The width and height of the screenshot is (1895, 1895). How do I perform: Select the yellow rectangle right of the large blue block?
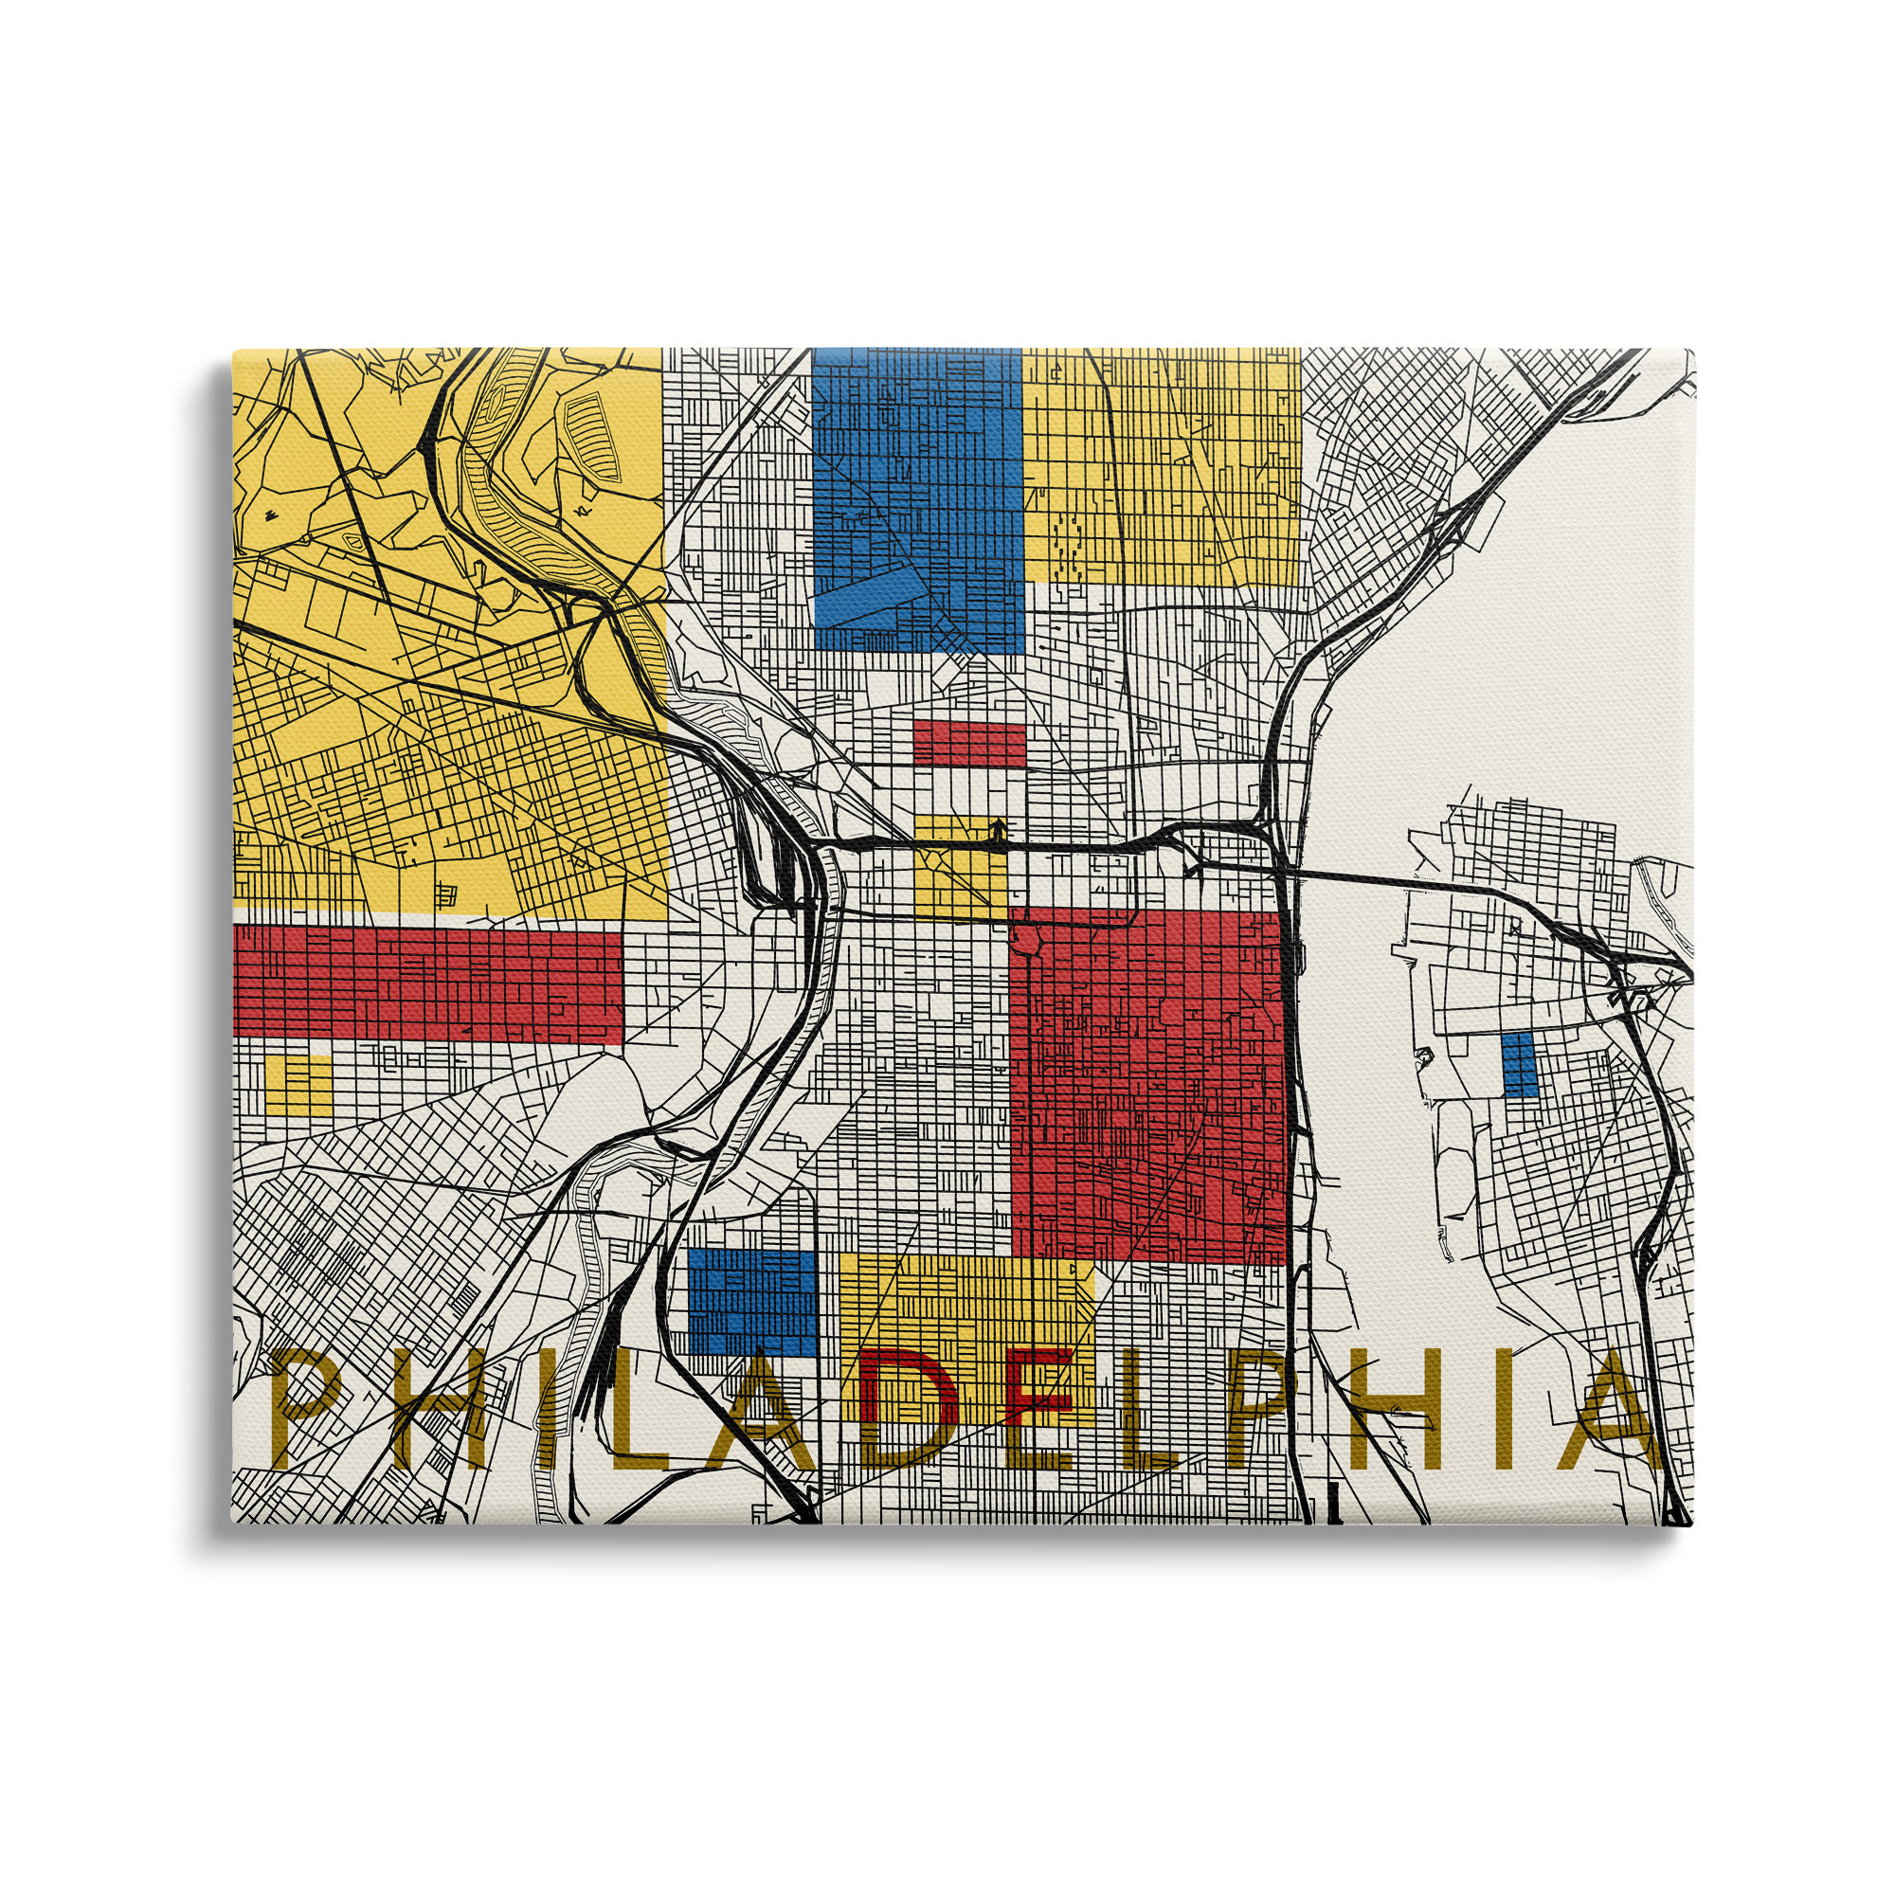point(1162,465)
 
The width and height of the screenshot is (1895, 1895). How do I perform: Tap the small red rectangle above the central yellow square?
point(968,744)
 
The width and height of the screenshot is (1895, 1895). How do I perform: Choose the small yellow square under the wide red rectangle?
point(298,1083)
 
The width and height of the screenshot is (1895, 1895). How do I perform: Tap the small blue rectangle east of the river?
point(1518,1065)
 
